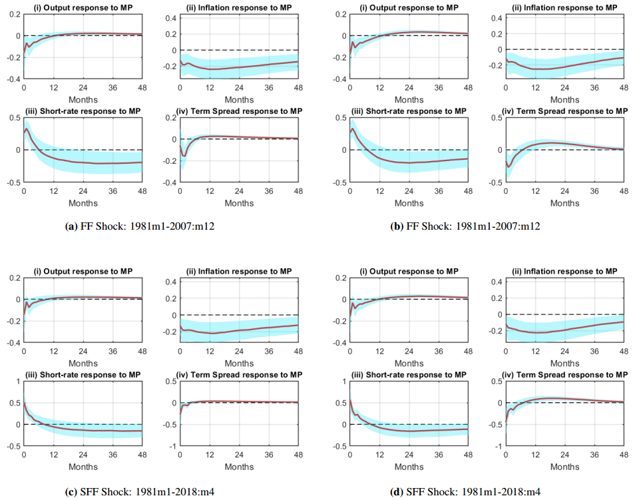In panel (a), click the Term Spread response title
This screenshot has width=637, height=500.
238,111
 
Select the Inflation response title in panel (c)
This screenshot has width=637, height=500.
238,272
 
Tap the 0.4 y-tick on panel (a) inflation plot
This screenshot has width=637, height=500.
170,18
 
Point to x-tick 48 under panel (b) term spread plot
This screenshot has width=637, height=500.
624,191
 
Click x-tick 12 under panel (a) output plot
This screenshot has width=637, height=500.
53,87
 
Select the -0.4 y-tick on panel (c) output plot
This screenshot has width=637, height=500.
11,343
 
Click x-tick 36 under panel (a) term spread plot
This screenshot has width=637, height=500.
268,191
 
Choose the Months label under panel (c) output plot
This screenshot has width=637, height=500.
83,364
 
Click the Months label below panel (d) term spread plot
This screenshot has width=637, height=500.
564,467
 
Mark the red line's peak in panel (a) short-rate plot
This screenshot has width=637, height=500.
27,127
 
